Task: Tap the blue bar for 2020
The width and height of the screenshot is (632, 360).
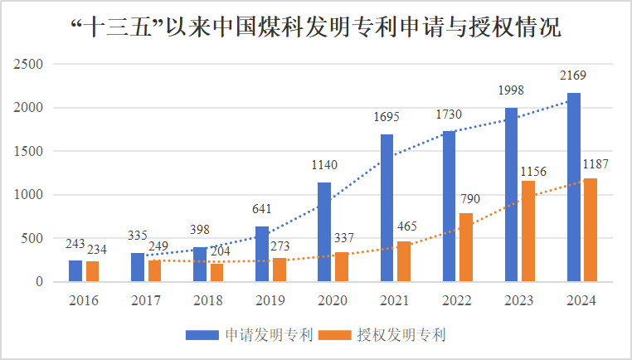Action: click(x=324, y=232)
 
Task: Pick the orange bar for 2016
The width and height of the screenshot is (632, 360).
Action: click(x=92, y=272)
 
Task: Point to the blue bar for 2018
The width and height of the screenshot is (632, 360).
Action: click(x=200, y=265)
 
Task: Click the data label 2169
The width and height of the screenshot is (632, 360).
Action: click(x=572, y=76)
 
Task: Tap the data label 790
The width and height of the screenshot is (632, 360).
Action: click(x=469, y=199)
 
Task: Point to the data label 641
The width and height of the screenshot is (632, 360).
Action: click(x=262, y=210)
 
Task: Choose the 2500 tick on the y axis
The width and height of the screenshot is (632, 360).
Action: click(x=30, y=64)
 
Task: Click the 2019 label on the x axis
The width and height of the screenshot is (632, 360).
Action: click(x=270, y=299)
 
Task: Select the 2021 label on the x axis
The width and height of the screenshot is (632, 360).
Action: click(x=395, y=299)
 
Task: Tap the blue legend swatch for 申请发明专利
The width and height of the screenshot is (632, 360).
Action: click(x=204, y=335)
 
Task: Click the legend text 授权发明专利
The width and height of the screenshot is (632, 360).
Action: click(x=402, y=335)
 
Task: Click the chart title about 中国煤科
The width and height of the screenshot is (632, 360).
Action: click(x=316, y=28)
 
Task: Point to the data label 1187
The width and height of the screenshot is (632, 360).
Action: click(x=596, y=164)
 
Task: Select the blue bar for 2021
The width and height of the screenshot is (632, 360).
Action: click(x=386, y=208)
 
